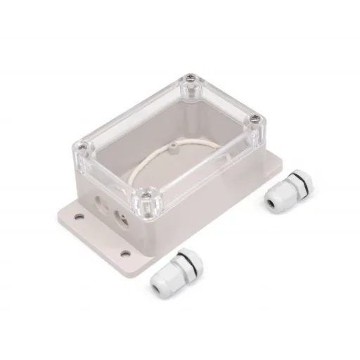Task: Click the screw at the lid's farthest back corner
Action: tap(189, 78)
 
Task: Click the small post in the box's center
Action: tap(173, 148)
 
